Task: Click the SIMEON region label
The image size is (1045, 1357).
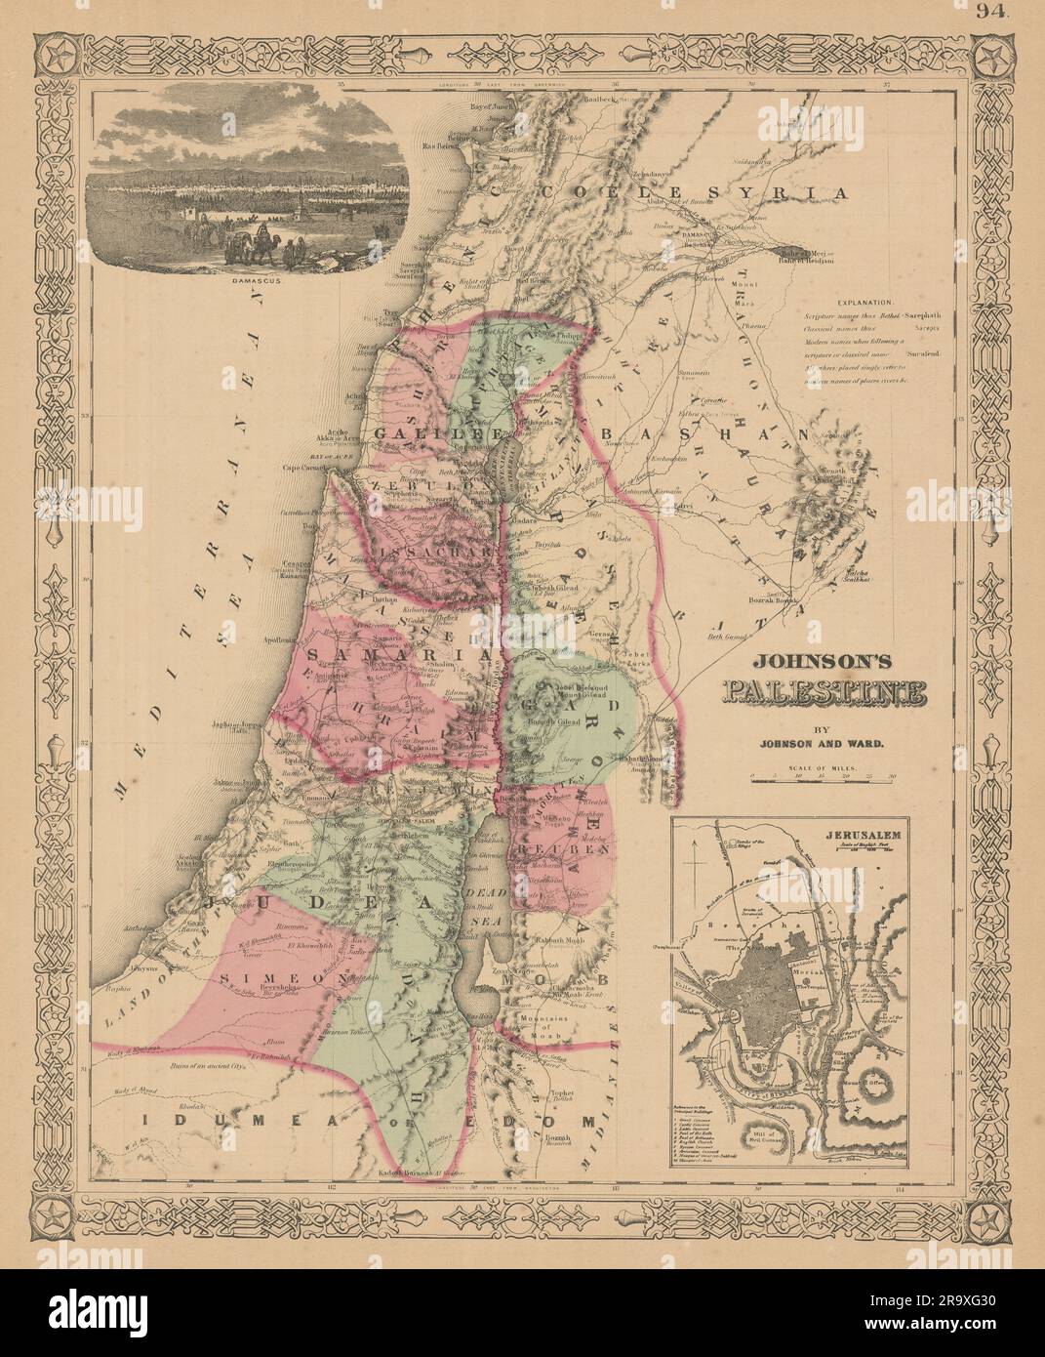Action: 260,975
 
